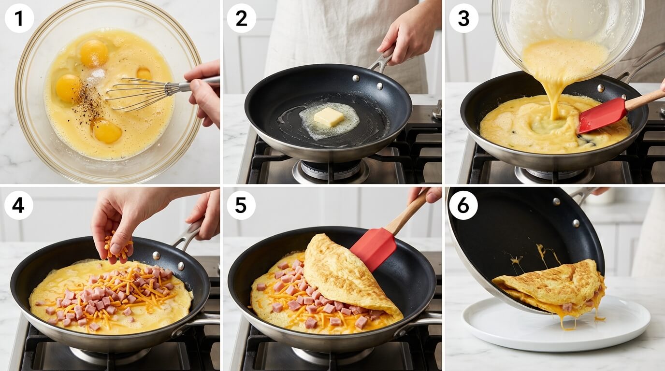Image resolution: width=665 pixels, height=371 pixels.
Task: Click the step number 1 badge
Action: click(x=19, y=18)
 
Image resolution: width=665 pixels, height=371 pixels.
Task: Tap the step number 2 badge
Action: click(x=241, y=18)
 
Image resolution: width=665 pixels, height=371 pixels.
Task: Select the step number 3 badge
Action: click(x=463, y=18)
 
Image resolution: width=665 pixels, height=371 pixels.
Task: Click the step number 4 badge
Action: click(x=18, y=205)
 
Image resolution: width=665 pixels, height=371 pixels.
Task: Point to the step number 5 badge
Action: click(x=241, y=205)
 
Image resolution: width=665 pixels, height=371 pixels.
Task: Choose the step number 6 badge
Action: click(x=463, y=205)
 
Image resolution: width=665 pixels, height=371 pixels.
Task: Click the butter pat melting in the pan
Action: click(x=329, y=117)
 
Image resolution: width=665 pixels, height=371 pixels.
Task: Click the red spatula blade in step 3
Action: click(x=602, y=115)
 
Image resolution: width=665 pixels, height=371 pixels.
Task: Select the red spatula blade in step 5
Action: click(x=373, y=248)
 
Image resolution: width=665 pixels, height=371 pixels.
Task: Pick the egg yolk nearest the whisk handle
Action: click(x=144, y=73)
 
